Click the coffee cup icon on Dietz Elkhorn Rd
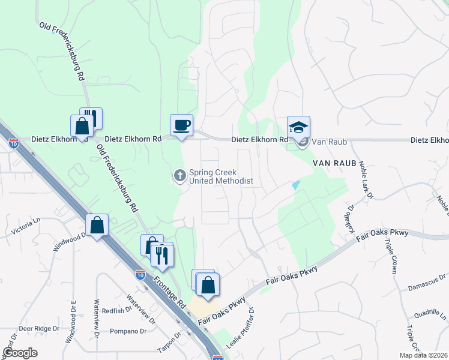coord(181,125)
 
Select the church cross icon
coord(179,176)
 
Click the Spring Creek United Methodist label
coord(221,176)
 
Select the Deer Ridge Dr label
coord(39,329)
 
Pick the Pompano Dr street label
coord(128,331)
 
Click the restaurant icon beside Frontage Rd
coord(161,255)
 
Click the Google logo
coord(20,353)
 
